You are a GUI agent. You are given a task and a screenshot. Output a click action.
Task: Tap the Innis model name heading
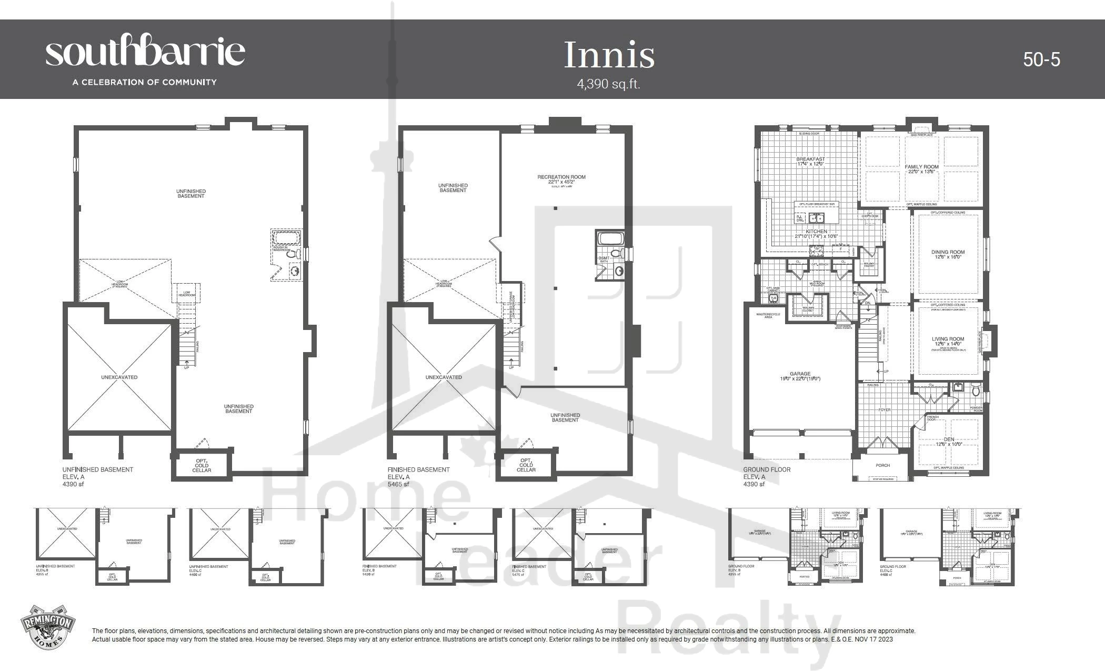(x=609, y=55)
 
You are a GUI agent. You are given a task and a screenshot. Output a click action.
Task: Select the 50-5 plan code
(x=1041, y=59)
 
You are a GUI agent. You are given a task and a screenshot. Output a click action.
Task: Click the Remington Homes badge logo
(x=47, y=627)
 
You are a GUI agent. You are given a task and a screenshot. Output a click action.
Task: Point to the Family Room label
(x=921, y=167)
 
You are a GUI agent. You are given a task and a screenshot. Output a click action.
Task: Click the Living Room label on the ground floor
(x=948, y=339)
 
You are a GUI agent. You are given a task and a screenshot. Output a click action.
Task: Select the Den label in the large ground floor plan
(x=949, y=439)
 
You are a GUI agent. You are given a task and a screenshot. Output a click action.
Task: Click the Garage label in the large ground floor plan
(x=800, y=374)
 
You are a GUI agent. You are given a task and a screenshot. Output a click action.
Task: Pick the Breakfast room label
(x=810, y=159)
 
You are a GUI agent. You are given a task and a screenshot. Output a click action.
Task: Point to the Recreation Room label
(x=561, y=177)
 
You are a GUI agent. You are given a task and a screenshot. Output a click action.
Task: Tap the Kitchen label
(x=816, y=232)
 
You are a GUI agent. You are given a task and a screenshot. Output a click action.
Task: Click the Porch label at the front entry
(x=882, y=466)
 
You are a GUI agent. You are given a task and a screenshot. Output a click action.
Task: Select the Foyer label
(x=884, y=409)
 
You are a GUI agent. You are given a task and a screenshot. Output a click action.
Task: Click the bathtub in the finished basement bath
(x=610, y=239)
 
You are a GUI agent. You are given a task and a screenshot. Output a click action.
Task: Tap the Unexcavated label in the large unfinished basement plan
(x=119, y=377)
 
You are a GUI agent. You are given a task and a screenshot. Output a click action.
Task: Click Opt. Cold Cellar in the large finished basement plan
(x=526, y=465)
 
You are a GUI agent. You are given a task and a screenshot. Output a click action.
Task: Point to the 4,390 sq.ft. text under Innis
(x=608, y=84)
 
